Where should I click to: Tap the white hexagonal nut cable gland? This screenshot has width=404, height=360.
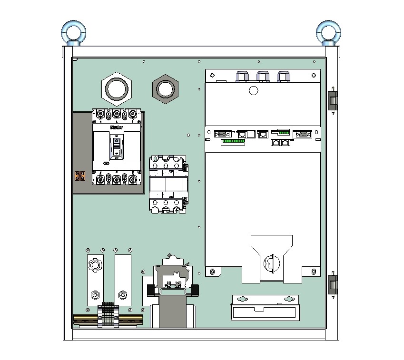pos(116,88)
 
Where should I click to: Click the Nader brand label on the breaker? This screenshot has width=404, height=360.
pos(116,127)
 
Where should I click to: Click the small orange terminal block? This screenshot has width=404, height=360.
pos(80,176)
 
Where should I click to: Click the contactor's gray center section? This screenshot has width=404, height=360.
pos(166,184)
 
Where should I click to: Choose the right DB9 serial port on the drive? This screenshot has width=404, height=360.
pos(302,134)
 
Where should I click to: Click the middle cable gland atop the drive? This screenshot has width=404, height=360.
pos(262,76)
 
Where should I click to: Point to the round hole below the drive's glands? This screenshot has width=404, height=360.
pos(253,90)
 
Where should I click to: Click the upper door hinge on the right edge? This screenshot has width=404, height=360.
pos(333,100)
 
